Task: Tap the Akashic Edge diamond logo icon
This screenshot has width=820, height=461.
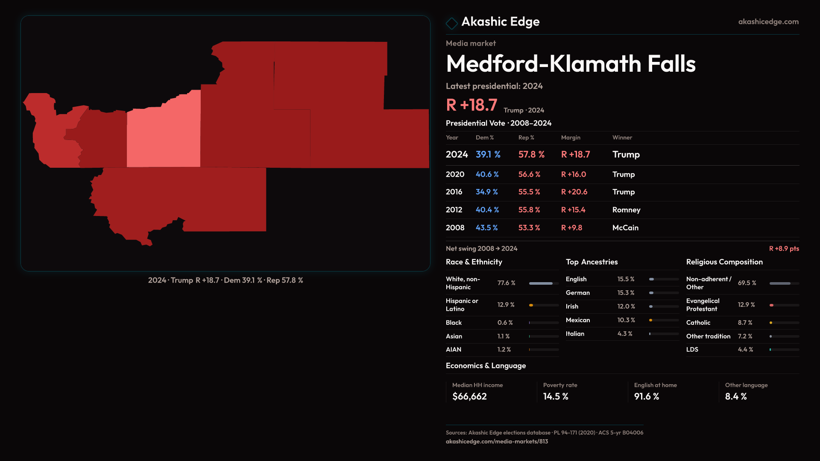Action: [451, 23]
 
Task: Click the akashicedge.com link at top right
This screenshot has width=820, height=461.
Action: [768, 22]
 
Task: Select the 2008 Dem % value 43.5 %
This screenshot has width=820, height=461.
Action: [486, 228]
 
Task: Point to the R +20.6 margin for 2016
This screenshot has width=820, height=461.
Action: [574, 192]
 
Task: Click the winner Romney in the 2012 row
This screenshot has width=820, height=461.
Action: [626, 210]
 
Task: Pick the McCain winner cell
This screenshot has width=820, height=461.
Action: [625, 228]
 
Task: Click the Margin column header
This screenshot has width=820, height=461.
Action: [571, 138]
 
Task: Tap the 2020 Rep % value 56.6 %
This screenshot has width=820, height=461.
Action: [529, 175]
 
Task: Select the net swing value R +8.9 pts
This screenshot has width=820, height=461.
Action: [784, 249]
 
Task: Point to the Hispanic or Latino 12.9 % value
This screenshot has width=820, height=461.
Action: [506, 305]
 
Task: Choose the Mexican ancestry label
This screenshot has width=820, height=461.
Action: [578, 320]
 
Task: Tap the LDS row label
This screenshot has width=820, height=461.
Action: [692, 350]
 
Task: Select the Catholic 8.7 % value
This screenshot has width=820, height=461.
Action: [745, 323]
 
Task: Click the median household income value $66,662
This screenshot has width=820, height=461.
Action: [469, 397]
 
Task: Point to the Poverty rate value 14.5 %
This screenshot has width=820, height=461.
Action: [556, 397]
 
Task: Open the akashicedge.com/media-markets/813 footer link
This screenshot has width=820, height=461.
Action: [497, 442]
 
